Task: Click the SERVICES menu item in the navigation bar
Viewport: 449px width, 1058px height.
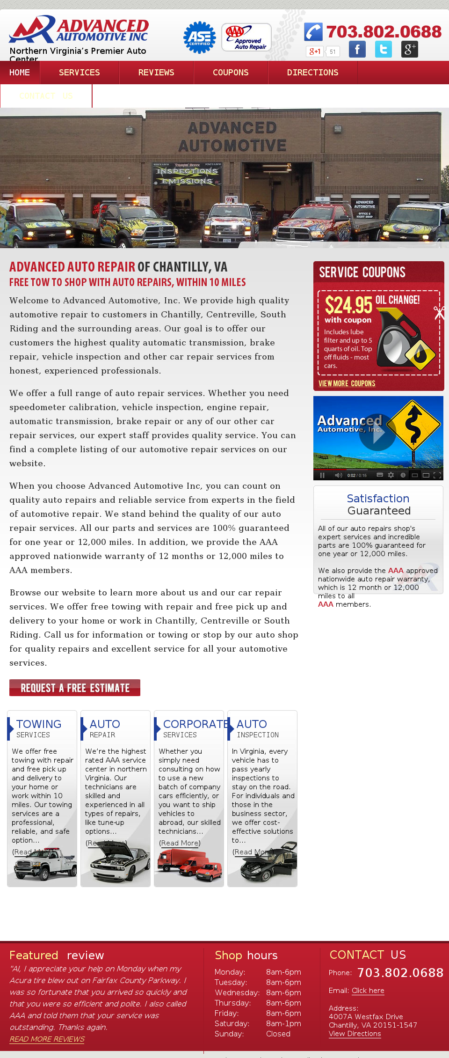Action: click(x=80, y=73)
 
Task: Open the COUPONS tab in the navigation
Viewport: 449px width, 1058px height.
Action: click(x=231, y=73)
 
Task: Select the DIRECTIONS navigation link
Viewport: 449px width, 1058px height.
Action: click(x=312, y=73)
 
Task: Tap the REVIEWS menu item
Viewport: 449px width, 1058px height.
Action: click(x=156, y=73)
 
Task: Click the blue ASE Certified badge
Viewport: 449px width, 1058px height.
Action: click(x=200, y=37)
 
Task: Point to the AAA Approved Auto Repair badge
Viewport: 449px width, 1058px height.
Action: click(x=246, y=37)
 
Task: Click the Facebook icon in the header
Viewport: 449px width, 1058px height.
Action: click(x=357, y=49)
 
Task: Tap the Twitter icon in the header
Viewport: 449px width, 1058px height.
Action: click(x=384, y=49)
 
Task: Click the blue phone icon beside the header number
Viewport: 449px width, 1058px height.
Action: click(x=313, y=32)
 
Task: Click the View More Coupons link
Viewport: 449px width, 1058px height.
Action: click(x=347, y=383)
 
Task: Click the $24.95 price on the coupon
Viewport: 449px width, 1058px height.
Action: click(x=348, y=305)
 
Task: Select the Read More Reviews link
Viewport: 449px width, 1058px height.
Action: click(x=47, y=1039)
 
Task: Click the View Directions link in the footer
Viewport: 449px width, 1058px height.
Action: click(x=355, y=1034)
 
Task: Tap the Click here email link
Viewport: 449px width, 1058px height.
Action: click(x=368, y=991)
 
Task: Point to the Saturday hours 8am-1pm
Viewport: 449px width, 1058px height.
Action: click(x=283, y=1023)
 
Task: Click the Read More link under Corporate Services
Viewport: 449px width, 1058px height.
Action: click(x=180, y=843)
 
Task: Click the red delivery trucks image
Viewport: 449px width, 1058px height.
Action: click(x=189, y=866)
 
